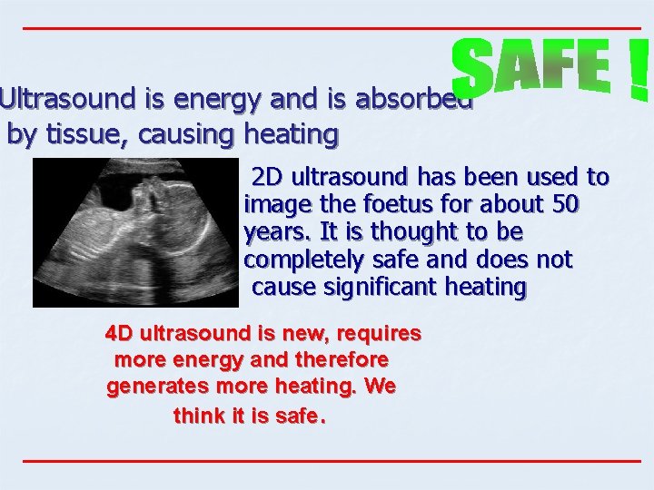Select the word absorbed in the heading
click(x=413, y=98)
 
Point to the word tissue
click(x=84, y=135)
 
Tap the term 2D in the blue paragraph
click(x=267, y=176)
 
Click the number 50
click(x=563, y=204)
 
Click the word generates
click(x=154, y=387)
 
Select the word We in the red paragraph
click(x=380, y=387)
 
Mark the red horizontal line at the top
click(x=331, y=28)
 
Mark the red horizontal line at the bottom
click(x=331, y=461)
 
